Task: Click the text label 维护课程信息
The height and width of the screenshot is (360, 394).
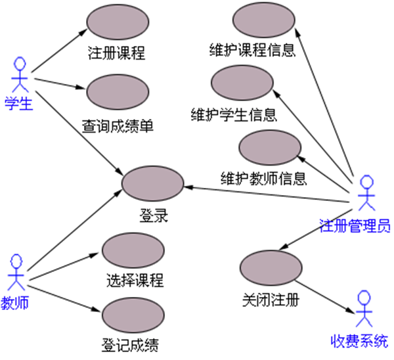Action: tap(252, 51)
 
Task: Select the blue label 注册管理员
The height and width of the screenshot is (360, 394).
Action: tap(355, 227)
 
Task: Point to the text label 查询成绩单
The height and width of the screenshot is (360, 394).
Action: tap(118, 125)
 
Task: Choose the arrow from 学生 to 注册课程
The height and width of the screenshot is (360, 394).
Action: tap(59, 50)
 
